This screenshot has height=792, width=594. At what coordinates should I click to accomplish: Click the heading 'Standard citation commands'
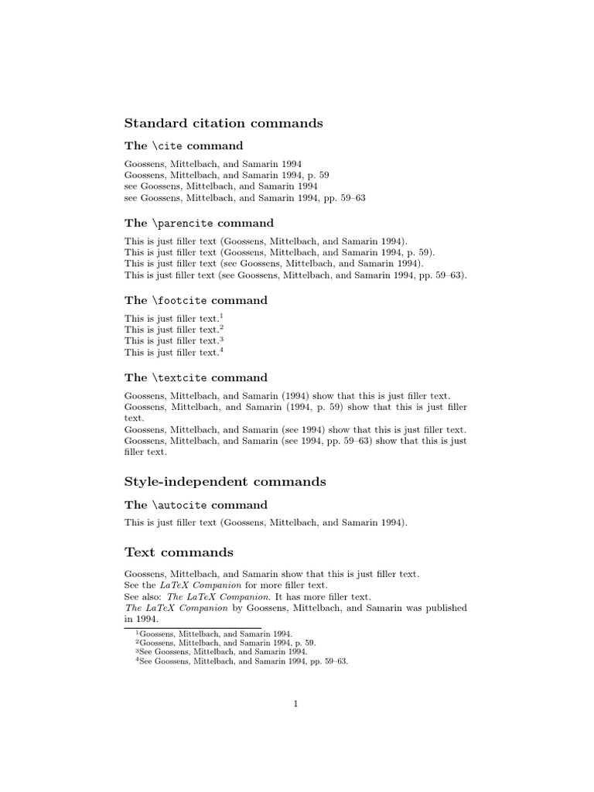click(x=224, y=123)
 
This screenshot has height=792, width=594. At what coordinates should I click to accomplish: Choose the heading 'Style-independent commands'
click(x=225, y=482)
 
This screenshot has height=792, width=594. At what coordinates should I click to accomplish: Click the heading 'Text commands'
click(x=179, y=552)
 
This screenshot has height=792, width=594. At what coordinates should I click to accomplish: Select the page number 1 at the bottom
click(x=296, y=703)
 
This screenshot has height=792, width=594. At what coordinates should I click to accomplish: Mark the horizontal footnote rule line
click(x=193, y=627)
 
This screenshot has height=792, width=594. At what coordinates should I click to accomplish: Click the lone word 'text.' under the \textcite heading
click(x=135, y=418)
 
